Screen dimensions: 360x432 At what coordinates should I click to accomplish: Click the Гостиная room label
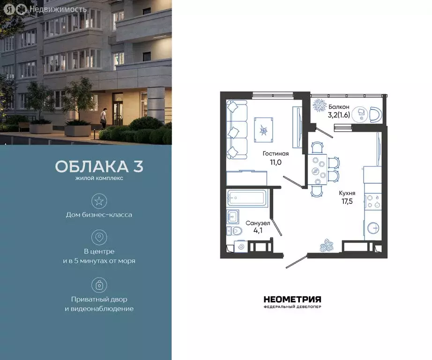click(276, 153)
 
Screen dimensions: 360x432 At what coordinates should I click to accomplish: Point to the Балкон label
click(338, 107)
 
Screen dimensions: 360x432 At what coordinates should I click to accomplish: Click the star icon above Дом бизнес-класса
click(99, 201)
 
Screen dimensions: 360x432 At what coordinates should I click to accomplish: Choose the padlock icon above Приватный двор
click(99, 285)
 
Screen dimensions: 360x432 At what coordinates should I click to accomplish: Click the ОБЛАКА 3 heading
click(99, 166)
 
